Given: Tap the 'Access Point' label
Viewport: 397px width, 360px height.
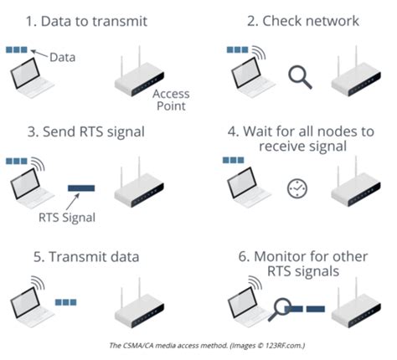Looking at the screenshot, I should coord(170,100).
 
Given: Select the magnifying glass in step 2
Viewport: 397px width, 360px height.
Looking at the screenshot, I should coord(298,78).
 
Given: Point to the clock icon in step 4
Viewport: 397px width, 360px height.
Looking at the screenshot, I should coord(296,188).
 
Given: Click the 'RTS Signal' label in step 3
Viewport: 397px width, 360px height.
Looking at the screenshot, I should coord(67,218).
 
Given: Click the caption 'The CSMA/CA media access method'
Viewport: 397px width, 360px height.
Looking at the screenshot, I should coord(198,344).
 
